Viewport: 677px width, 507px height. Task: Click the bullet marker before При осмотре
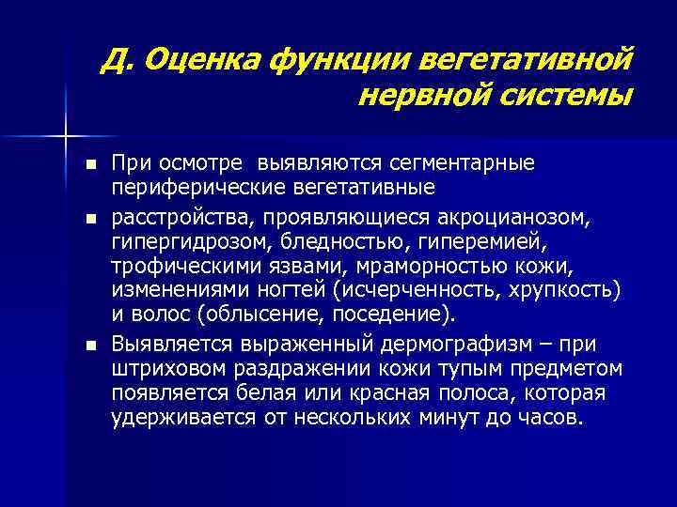[x=89, y=165]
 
